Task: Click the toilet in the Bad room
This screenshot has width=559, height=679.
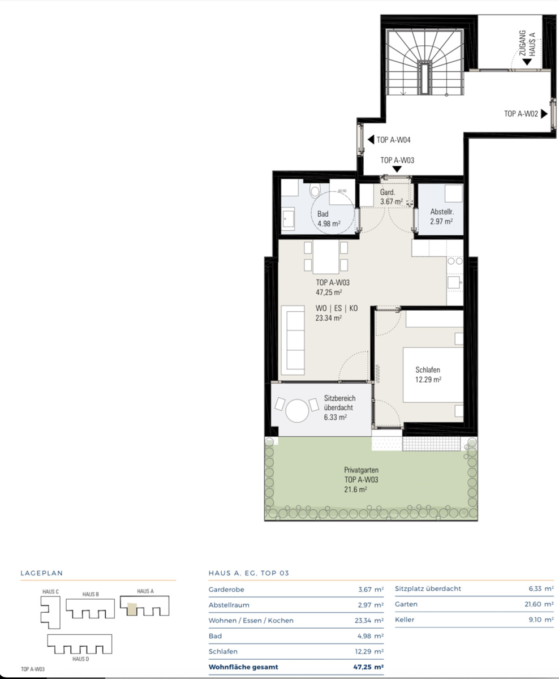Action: pyautogui.click(x=315, y=191)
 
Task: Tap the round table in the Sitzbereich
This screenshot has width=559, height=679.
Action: pyautogui.click(x=297, y=410)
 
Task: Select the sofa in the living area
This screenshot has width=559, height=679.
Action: pyautogui.click(x=293, y=340)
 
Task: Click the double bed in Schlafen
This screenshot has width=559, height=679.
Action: pyautogui.click(x=433, y=375)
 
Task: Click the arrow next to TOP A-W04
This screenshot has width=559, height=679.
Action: pyautogui.click(x=371, y=139)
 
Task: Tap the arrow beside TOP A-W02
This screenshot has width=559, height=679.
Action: pyautogui.click(x=544, y=114)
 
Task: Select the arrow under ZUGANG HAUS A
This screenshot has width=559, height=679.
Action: pyautogui.click(x=527, y=62)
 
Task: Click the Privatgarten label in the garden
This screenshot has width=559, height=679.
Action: pyautogui.click(x=362, y=470)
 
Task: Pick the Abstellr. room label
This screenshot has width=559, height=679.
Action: pyautogui.click(x=442, y=212)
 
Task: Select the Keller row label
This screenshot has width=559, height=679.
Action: pyautogui.click(x=405, y=620)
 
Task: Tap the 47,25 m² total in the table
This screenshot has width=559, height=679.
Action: pyautogui.click(x=368, y=667)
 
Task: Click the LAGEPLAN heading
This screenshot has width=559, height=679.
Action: pyautogui.click(x=41, y=573)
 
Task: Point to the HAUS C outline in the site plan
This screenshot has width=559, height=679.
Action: pyautogui.click(x=50, y=612)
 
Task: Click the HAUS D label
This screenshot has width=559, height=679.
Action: pyautogui.click(x=80, y=659)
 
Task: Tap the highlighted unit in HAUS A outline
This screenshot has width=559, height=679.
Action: pyautogui.click(x=132, y=609)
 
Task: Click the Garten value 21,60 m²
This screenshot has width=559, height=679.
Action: pyautogui.click(x=539, y=604)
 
